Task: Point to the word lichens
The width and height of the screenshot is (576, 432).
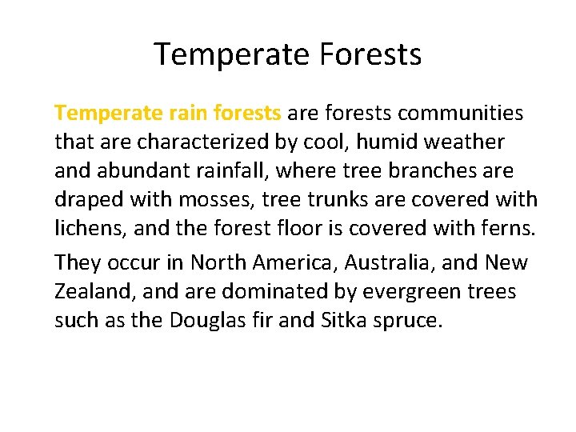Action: coord(90,229)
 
